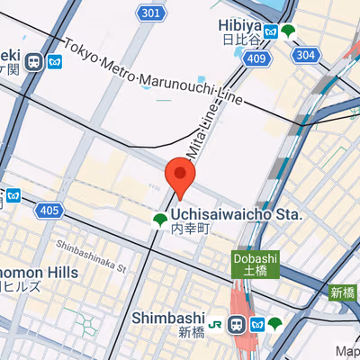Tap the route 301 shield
(151, 13)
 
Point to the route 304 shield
(306, 55)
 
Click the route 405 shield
(50, 211)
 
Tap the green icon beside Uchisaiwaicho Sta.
(159, 220)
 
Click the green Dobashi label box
(256, 263)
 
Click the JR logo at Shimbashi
(217, 323)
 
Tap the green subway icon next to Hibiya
(287, 32)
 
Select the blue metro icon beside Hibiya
(269, 33)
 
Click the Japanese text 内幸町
(191, 230)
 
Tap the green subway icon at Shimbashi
(275, 323)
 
